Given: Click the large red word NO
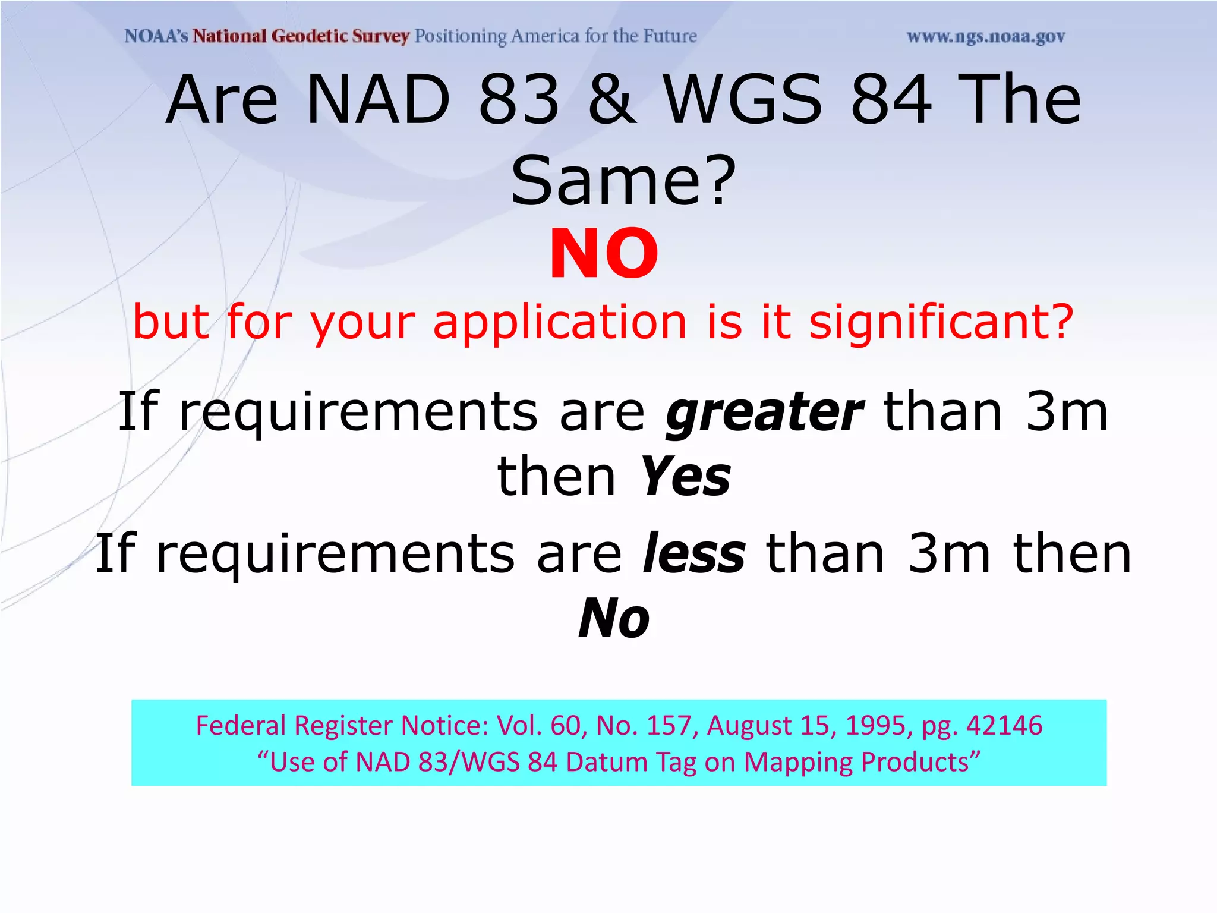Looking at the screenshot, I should pos(604,254).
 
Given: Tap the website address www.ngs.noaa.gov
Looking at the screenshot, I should pos(986,37).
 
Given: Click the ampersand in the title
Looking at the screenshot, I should pos(611,100).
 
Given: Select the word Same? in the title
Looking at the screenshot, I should pos(623,180).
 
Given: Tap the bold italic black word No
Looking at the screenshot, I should pos(614,619).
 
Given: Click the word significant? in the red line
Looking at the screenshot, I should pos(941,322).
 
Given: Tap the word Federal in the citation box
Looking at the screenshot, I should pos(241,726).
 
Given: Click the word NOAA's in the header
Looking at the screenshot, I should pos(156,36).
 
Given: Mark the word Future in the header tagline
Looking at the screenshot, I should pos(670,36).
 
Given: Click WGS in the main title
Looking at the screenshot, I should pos(743,100).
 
